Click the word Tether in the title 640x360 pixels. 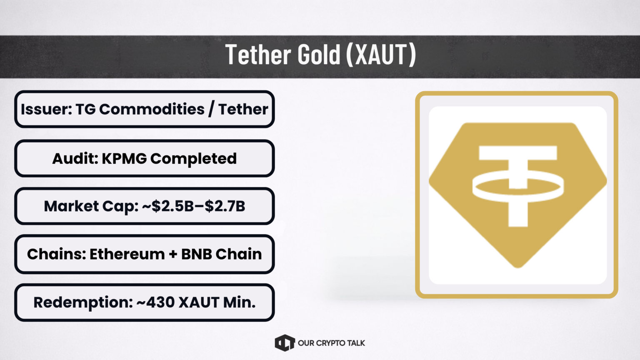click(x=258, y=54)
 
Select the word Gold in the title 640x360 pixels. click(x=319, y=54)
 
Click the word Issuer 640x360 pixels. click(x=47, y=109)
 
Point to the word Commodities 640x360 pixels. click(x=152, y=109)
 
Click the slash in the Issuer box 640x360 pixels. click(x=211, y=109)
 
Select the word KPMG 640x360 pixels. click(x=124, y=159)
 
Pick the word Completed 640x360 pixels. click(x=194, y=159)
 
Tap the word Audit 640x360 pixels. click(x=75, y=159)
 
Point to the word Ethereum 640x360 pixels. click(x=127, y=254)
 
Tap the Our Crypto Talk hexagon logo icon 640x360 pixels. click(x=285, y=343)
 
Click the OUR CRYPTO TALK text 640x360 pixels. click(x=331, y=343)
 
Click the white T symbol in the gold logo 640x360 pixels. click(x=518, y=186)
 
